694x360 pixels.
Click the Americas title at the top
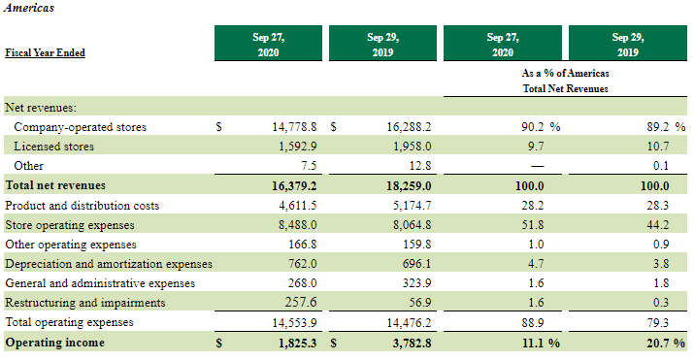click(29, 8)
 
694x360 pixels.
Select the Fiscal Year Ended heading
click(45, 52)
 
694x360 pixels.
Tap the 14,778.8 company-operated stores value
click(294, 127)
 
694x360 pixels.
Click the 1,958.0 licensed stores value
click(413, 147)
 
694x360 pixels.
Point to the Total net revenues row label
click(55, 185)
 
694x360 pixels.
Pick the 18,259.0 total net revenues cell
click(409, 185)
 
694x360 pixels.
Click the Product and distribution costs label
click(82, 206)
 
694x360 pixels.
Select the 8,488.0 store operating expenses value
click(297, 225)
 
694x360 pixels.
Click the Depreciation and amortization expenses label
click(109, 264)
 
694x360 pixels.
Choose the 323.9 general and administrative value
click(416, 283)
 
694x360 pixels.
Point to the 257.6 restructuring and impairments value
click(301, 302)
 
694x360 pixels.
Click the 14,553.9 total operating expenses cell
click(294, 323)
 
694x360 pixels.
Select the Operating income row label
click(55, 343)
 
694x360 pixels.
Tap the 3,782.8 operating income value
click(412, 344)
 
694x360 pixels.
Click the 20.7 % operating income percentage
click(666, 344)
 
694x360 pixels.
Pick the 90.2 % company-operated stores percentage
click(541, 127)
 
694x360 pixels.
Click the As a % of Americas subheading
click(565, 73)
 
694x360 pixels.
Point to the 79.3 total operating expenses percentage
click(658, 323)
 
